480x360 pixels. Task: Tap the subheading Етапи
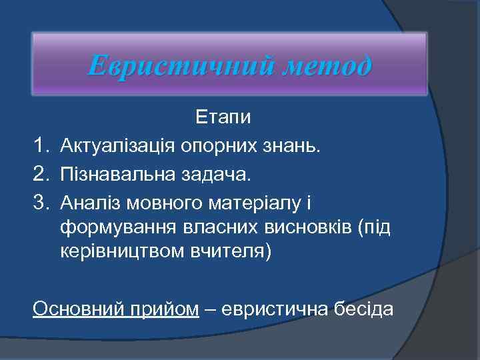[x=223, y=118]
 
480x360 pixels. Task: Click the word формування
[x=117, y=228]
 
